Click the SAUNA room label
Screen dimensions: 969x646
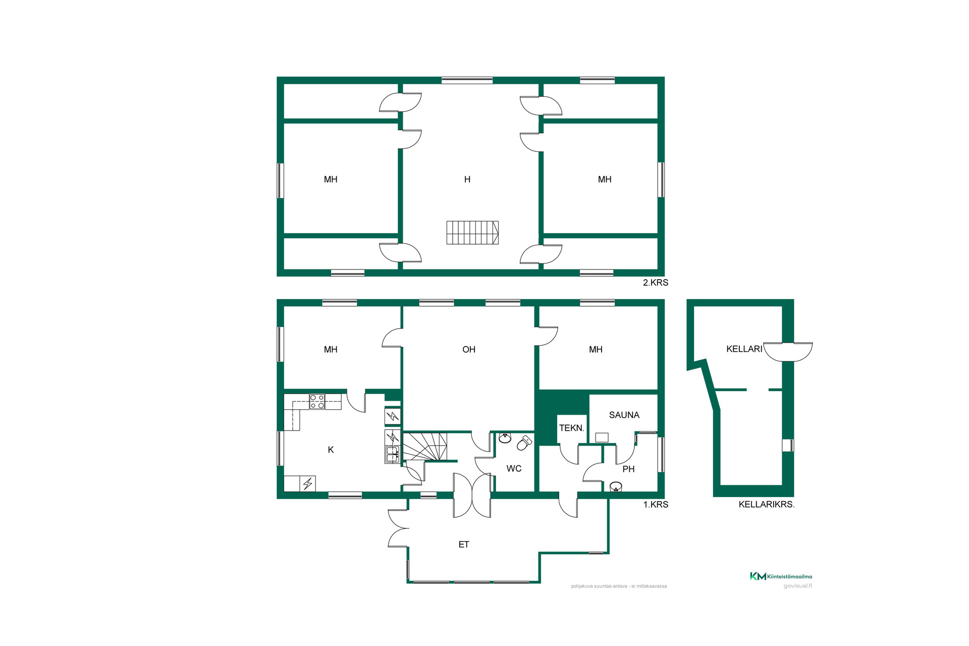pos(624,415)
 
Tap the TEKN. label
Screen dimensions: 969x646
pos(572,428)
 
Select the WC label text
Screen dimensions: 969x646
pos(514,468)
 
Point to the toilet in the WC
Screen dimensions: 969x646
pos(525,443)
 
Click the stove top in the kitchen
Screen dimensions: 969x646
pos(317,402)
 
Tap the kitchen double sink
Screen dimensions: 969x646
pos(392,454)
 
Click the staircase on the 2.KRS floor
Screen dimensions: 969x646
pos(472,233)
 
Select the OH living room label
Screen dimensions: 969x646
pos(469,349)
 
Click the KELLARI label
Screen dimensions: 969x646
pos(744,349)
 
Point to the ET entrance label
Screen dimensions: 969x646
pos(464,544)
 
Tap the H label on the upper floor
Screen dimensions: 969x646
pos(467,179)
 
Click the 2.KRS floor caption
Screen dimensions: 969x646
pos(655,283)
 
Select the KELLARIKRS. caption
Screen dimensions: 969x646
pos(767,504)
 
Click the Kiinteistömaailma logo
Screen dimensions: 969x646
pos(781,576)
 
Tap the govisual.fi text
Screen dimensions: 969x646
pos(797,586)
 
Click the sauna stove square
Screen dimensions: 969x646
pos(602,438)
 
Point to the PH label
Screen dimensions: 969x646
pos(628,469)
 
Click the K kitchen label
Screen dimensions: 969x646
pos(331,450)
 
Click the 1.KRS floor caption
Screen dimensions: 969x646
pos(656,504)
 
